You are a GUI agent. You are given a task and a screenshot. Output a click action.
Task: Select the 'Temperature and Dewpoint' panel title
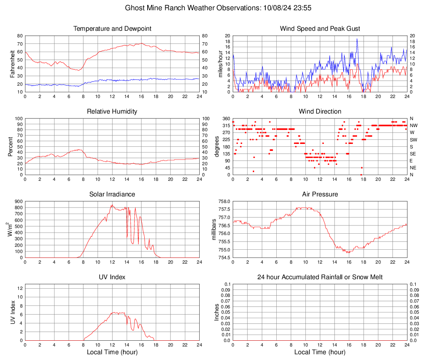(x=112, y=29)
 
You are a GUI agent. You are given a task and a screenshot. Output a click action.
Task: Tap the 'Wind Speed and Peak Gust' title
(x=320, y=29)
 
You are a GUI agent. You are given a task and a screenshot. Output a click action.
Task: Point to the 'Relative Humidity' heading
(x=112, y=112)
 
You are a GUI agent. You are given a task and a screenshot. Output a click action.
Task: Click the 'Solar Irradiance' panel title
(x=112, y=194)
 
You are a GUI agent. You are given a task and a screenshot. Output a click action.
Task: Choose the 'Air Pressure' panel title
(x=320, y=194)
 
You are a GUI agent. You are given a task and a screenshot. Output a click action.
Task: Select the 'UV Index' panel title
(x=112, y=277)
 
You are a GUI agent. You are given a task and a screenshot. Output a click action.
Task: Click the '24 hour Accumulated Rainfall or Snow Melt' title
(x=320, y=277)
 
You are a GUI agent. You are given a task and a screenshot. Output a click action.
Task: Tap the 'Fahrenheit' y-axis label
(x=13, y=64)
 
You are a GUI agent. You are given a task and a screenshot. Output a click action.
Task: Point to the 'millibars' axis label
(x=213, y=230)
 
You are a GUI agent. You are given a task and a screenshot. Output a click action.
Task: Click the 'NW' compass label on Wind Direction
(x=414, y=125)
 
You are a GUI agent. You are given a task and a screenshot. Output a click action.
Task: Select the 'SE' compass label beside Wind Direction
(x=414, y=154)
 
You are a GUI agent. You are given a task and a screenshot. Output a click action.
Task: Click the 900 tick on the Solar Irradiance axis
(x=18, y=201)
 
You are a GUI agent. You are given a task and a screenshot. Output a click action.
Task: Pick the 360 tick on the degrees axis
(x=226, y=118)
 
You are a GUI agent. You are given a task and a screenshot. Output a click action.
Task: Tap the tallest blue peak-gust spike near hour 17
(x=357, y=39)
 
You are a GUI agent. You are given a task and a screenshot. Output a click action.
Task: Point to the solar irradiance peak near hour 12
(x=112, y=205)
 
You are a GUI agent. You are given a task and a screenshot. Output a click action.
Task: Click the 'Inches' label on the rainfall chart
(x=217, y=312)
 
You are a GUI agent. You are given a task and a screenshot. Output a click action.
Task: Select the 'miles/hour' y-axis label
(x=221, y=64)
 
